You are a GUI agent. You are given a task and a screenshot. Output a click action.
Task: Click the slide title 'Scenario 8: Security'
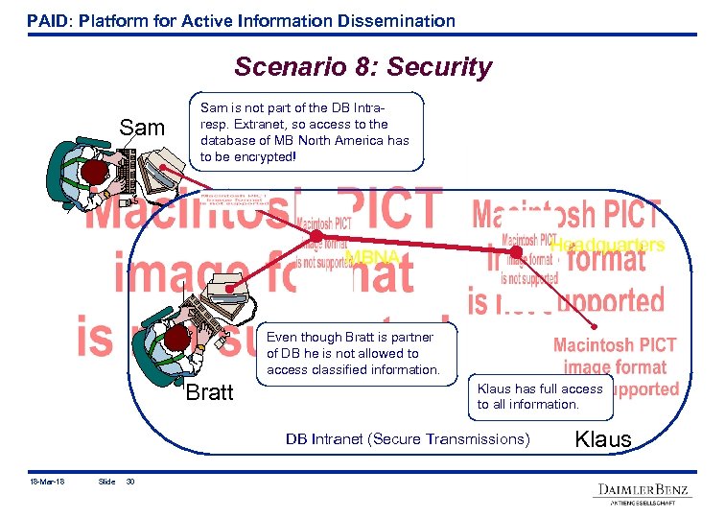tap(362, 67)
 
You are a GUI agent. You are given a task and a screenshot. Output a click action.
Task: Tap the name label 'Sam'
tap(142, 129)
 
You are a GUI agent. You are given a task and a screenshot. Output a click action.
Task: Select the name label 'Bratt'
tap(209, 392)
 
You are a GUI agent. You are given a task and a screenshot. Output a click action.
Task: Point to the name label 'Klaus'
tap(602, 439)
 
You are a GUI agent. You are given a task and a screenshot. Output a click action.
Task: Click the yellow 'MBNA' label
tap(372, 257)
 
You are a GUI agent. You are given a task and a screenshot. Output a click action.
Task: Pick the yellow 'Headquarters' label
tap(607, 245)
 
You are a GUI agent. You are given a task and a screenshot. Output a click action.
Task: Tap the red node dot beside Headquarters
tap(516, 252)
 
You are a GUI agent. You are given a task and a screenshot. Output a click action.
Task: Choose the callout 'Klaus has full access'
tap(541, 397)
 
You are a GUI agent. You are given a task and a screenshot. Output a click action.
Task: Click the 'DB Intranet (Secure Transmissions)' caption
tap(407, 439)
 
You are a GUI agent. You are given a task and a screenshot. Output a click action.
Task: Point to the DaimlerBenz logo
tap(643, 491)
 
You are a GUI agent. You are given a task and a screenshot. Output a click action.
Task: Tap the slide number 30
tap(131, 482)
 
